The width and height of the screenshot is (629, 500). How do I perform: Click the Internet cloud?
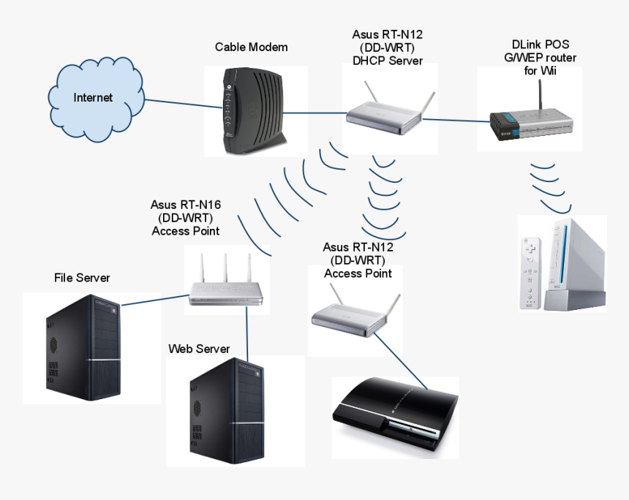[94, 96]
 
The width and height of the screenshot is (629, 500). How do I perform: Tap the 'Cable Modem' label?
[251, 47]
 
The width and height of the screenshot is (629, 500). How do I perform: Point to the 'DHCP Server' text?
[387, 61]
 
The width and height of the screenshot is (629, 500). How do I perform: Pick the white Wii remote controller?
[529, 272]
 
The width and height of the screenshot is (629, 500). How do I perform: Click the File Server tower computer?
[83, 348]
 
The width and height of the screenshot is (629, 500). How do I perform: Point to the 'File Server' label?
[82, 278]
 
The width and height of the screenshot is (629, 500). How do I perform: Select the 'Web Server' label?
[199, 349]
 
